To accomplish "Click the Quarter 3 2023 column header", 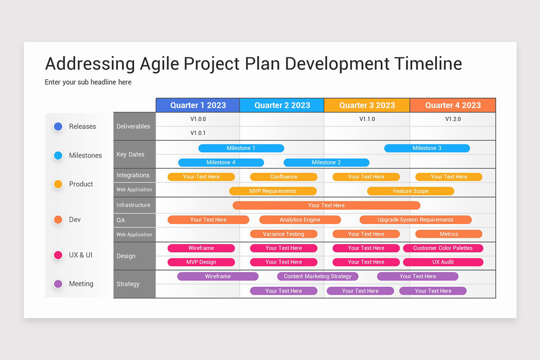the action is (x=367, y=105).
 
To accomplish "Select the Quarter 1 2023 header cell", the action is (x=198, y=105).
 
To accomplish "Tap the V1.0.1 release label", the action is (x=198, y=133).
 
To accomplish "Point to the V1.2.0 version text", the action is (x=453, y=119).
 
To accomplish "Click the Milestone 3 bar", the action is (x=427, y=148).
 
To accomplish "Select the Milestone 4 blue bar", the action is (x=221, y=162).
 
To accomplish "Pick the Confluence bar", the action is (x=283, y=177).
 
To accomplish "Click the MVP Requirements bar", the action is (x=273, y=191).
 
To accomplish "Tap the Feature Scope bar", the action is (x=410, y=191).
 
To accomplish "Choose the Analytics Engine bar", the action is (x=300, y=220).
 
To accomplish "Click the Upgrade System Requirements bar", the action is (x=415, y=220).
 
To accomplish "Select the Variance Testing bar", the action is (x=283, y=234).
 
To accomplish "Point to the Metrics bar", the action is (x=449, y=234).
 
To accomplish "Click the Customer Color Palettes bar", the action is (x=443, y=248).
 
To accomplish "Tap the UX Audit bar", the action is (x=443, y=262).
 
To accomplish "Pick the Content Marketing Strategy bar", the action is (x=318, y=276).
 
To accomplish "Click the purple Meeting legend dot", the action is (x=58, y=284).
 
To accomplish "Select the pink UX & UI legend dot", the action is (x=58, y=255).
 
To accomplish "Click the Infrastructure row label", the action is (x=133, y=205).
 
